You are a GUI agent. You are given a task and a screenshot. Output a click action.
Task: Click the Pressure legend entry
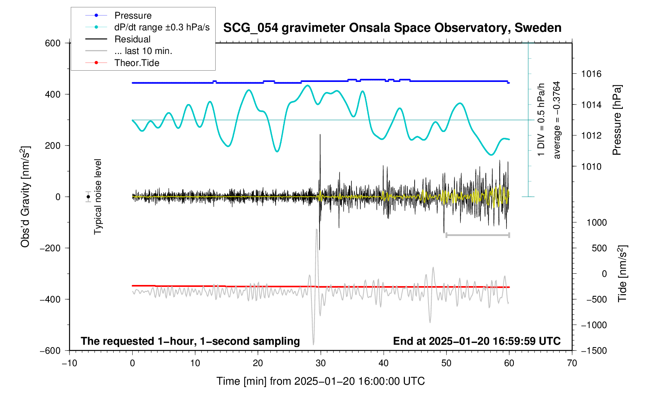click(x=133, y=16)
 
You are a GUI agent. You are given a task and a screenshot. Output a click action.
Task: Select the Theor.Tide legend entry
click(x=137, y=63)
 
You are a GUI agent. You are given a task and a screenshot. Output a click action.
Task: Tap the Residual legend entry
click(x=132, y=39)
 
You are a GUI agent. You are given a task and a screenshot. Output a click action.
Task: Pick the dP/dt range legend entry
click(x=162, y=27)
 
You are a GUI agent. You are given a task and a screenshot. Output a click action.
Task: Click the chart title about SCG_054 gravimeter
click(x=392, y=28)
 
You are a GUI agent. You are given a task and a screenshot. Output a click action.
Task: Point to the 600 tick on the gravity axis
click(x=53, y=43)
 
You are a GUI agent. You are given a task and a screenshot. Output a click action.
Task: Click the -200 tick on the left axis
click(x=50, y=248)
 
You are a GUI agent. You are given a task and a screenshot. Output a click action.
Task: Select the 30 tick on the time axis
click(x=321, y=363)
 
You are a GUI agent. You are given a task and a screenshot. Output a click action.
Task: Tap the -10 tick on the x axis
click(x=69, y=363)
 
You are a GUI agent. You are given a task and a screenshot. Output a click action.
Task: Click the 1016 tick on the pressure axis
click(x=591, y=74)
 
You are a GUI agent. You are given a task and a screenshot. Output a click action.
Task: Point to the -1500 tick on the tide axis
click(x=593, y=351)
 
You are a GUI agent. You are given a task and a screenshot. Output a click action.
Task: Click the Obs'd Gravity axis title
click(x=25, y=197)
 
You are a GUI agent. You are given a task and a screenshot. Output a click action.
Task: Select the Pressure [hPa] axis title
click(x=617, y=120)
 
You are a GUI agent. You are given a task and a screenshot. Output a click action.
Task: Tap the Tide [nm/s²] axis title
click(x=622, y=274)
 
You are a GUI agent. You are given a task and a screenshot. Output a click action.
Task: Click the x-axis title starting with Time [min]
click(x=320, y=381)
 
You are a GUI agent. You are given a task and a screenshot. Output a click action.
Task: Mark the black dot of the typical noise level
click(x=88, y=197)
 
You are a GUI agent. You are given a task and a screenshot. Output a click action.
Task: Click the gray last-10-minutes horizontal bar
click(x=478, y=235)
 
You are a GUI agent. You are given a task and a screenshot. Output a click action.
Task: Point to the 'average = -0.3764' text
click(x=557, y=120)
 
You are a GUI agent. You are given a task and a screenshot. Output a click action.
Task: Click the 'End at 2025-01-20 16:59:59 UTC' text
click(x=477, y=341)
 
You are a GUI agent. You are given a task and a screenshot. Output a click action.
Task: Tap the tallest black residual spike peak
click(x=320, y=135)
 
